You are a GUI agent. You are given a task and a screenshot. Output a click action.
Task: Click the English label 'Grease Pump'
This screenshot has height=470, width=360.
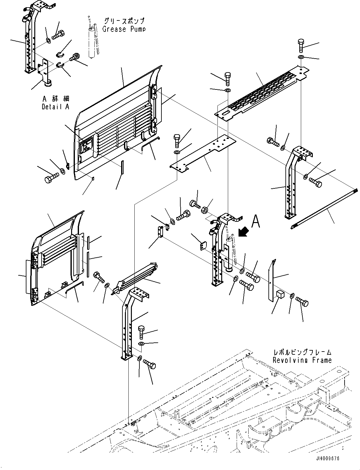124,29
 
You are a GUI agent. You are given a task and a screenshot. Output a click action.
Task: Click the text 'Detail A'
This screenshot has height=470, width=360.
55,106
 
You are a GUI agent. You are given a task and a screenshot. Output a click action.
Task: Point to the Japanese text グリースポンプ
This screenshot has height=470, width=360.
124,21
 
